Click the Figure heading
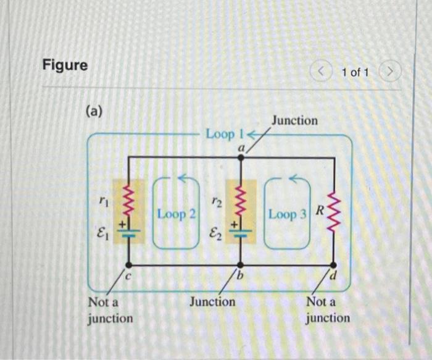[65, 65]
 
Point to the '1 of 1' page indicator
[355, 73]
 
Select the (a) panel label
[94, 111]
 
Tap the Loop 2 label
[177, 214]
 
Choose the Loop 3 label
[287, 214]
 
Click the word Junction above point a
[294, 120]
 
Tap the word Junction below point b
[212, 302]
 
